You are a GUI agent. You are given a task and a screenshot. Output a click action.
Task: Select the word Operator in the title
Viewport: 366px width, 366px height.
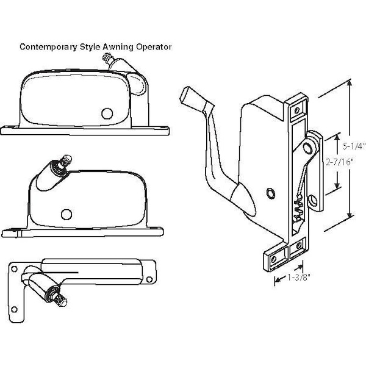153,46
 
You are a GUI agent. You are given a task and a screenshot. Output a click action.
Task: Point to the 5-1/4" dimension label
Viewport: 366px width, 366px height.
353,146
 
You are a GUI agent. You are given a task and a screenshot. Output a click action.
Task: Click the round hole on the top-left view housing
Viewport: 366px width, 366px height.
108,113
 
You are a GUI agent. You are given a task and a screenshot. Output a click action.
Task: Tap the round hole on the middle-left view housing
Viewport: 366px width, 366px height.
66,213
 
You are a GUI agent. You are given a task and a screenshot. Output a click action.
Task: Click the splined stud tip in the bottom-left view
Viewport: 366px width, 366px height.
62,301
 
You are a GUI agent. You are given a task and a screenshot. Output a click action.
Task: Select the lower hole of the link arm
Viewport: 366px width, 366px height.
313,199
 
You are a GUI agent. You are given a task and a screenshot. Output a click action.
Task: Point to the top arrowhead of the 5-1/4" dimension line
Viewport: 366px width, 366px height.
349,86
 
